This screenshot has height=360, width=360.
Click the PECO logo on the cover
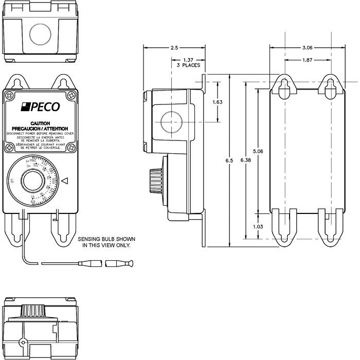(x=40, y=107)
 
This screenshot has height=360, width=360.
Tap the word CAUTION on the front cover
(x=40, y=124)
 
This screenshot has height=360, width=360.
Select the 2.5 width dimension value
(x=174, y=48)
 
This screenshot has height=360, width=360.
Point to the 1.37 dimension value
(x=188, y=60)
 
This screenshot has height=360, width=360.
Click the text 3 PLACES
(x=188, y=66)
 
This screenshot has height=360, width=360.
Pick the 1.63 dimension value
(x=217, y=102)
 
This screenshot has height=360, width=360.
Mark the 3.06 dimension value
(x=307, y=48)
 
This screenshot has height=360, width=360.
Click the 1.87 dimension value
(x=307, y=60)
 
